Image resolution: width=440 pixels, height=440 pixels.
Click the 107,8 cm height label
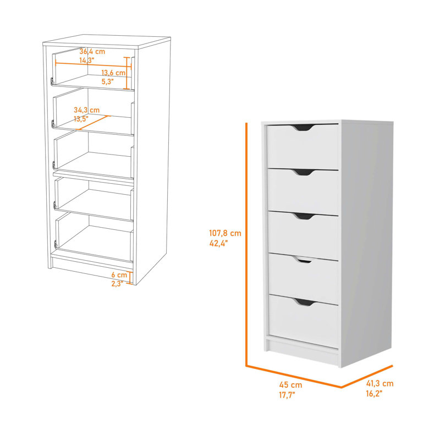pyautogui.click(x=225, y=233)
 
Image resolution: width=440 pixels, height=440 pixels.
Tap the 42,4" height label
pyautogui.click(x=218, y=243)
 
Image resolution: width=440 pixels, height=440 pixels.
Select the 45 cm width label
pyautogui.click(x=291, y=384)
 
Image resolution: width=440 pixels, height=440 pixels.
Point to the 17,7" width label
pyautogui.click(x=287, y=395)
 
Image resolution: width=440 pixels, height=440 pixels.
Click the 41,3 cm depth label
pyautogui.click(x=380, y=383)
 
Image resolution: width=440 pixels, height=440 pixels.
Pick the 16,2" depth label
pyautogui.click(x=374, y=393)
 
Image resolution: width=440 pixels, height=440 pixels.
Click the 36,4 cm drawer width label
pyautogui.click(x=92, y=52)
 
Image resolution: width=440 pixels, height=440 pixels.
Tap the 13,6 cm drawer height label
pyautogui.click(x=113, y=73)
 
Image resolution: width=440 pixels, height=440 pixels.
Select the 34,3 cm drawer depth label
pyautogui.click(x=87, y=110)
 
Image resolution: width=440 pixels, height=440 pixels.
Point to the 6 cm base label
pyautogui.click(x=119, y=275)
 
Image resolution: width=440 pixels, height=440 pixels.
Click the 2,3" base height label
pyautogui.click(x=117, y=284)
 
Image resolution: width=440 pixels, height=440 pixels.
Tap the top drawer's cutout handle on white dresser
pyautogui.click(x=303, y=128)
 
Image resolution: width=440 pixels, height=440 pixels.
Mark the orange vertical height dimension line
pyautogui.click(x=246, y=244)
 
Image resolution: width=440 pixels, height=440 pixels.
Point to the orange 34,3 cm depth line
pyautogui.click(x=94, y=122)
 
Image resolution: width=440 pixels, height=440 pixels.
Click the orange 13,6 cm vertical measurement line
pyautogui.click(x=128, y=73)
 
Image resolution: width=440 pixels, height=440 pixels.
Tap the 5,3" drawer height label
pyautogui.click(x=107, y=81)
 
